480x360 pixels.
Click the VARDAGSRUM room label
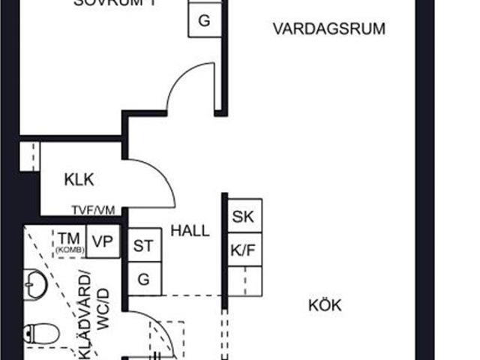click(x=328, y=30)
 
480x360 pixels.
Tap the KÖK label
click(x=325, y=306)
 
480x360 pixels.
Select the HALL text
click(x=190, y=231)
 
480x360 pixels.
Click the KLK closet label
click(x=79, y=181)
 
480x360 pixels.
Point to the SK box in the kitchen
click(x=242, y=217)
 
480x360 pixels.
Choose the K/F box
click(x=242, y=250)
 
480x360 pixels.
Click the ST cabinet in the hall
click(x=143, y=245)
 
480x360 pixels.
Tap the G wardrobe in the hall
click(x=143, y=279)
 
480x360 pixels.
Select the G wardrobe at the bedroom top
click(x=203, y=21)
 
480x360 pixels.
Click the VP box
click(x=103, y=242)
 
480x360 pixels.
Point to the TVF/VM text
click(x=93, y=211)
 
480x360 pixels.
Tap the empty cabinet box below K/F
click(x=245, y=280)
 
